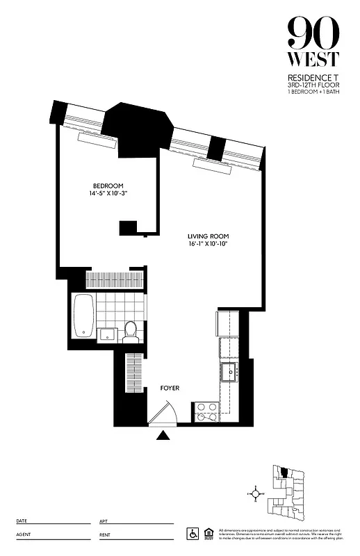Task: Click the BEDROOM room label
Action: click(108, 186)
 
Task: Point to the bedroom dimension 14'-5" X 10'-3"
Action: click(108, 195)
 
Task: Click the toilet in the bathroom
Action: click(129, 332)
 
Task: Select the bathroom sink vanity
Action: click(106, 335)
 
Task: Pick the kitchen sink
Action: click(229, 371)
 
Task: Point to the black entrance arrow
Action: click(164, 436)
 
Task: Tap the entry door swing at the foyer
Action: click(164, 416)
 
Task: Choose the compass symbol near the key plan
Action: click(256, 493)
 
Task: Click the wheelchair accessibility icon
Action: click(193, 533)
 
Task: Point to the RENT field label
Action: click(104, 534)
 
